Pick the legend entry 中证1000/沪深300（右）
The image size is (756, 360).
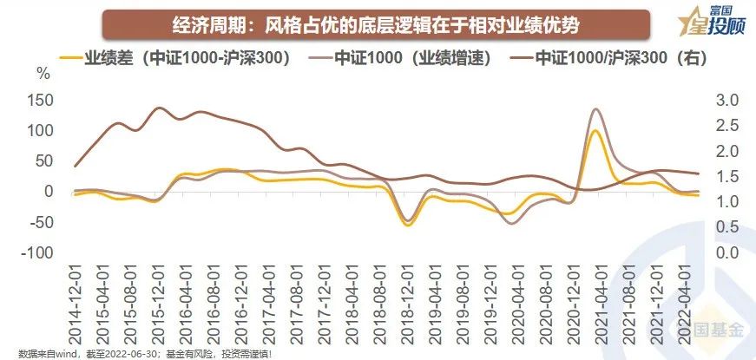coord(608,60)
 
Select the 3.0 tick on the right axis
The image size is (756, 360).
coord(727,101)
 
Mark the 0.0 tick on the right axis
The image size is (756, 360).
coord(727,253)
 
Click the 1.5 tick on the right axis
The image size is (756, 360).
coord(727,177)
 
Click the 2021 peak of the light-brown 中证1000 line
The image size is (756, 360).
coord(595,109)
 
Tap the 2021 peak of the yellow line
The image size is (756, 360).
coord(595,131)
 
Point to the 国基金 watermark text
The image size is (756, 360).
coord(713,331)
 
